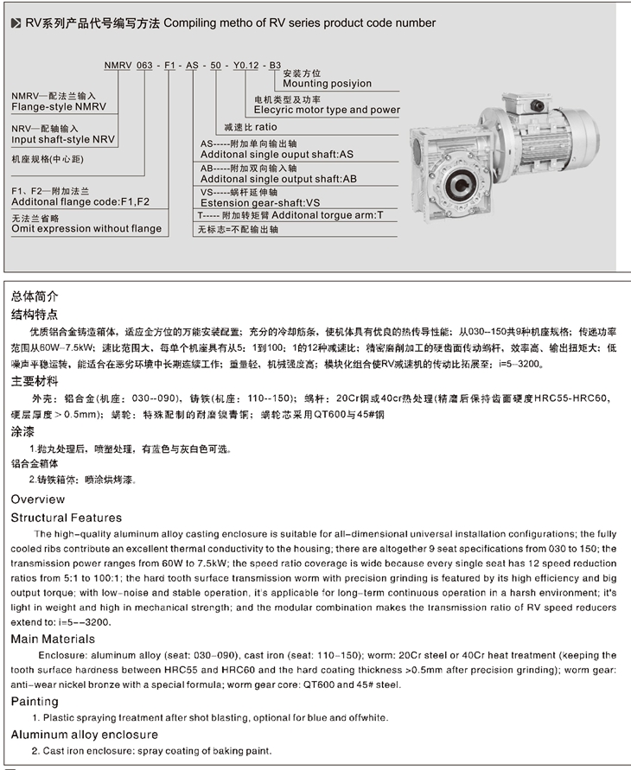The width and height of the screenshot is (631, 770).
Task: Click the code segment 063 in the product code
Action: (x=145, y=65)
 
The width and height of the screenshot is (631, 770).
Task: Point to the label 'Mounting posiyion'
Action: (x=322, y=84)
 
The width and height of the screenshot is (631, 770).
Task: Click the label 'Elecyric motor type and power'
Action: (x=327, y=110)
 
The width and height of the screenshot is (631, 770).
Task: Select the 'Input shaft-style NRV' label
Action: (x=62, y=138)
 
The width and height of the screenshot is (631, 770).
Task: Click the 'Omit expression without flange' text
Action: (x=86, y=229)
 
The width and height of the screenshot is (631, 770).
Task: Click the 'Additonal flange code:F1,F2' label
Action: (x=80, y=201)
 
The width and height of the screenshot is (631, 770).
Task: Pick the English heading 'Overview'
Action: (x=38, y=500)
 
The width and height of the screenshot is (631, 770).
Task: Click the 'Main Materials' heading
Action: (x=53, y=639)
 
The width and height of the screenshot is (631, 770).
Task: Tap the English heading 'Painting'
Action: (x=35, y=702)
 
